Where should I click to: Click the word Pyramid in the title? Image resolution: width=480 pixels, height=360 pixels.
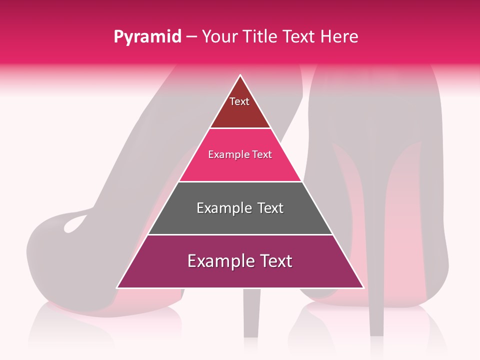[147, 37]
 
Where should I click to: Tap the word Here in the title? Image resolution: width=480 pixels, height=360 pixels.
[339, 36]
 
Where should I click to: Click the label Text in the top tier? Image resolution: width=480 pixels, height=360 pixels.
[239, 101]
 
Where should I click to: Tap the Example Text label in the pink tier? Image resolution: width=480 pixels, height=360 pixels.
[240, 155]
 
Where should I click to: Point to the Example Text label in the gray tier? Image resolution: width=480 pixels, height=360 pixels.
[240, 208]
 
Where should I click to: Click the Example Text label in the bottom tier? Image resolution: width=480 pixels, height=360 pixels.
[240, 261]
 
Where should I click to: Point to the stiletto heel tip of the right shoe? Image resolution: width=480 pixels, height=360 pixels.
[376, 332]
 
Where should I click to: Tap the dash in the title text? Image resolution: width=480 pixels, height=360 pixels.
[191, 37]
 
